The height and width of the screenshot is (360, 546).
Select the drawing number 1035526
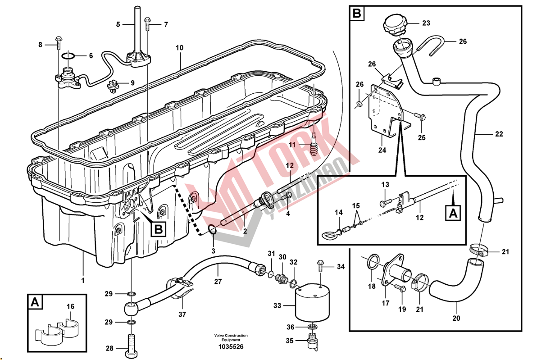pyautogui.click(x=231, y=347)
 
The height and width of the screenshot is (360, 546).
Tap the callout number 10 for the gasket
pyautogui.click(x=180, y=47)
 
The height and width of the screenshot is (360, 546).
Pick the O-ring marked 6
pyautogui.click(x=68, y=56)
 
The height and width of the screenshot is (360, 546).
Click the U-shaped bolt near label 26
pyautogui.click(x=433, y=46)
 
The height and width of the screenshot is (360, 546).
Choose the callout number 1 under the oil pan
pyautogui.click(x=82, y=280)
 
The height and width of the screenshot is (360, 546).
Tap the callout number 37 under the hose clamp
pyautogui.click(x=182, y=314)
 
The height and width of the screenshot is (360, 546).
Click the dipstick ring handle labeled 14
pyautogui.click(x=328, y=233)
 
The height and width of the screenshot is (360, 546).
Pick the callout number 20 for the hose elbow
pyautogui.click(x=456, y=318)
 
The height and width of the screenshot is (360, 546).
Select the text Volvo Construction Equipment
pyautogui.click(x=231, y=338)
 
